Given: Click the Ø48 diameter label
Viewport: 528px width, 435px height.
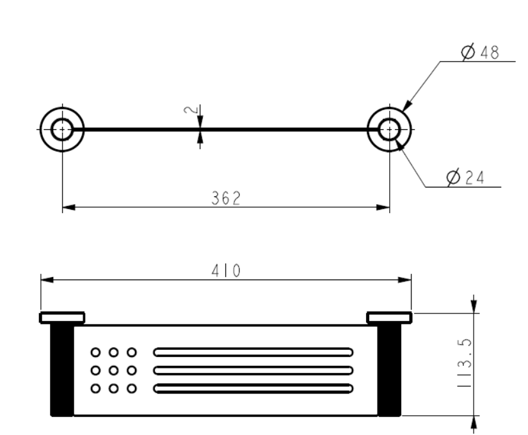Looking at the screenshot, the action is point(480,52).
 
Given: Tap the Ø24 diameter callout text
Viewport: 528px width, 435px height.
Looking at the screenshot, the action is point(465,177).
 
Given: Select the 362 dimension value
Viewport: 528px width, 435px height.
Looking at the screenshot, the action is point(226,198).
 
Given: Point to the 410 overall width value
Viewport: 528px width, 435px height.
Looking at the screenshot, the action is point(226,271).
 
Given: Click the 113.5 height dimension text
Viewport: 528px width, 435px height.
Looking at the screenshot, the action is point(465,363).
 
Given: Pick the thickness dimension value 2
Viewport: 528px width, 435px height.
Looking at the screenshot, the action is point(191,110).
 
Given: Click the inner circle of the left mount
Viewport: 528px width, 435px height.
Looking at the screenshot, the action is point(62,129).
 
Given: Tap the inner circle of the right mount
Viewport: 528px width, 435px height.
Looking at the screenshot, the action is point(389,129).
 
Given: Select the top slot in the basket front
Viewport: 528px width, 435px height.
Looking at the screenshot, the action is point(253,352).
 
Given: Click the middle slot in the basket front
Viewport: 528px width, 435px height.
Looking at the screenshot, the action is point(253,370).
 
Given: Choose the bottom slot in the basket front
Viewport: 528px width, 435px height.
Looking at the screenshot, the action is point(253,388).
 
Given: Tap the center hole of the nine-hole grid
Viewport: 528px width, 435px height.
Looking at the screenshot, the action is point(113,370).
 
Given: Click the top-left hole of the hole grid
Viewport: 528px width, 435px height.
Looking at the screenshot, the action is point(95,352).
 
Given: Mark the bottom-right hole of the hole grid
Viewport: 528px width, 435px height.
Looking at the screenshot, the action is point(132,388).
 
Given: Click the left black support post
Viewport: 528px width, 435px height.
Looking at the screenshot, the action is point(62,370).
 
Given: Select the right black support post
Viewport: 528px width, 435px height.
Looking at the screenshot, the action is point(389,370).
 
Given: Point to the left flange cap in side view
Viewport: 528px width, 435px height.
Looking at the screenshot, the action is point(62,318).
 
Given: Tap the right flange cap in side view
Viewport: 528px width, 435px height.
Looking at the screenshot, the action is point(389,318).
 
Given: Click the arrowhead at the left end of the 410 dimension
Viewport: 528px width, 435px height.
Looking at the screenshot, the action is point(47,280).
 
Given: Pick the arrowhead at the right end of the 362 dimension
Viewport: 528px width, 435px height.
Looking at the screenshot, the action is point(383,207).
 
